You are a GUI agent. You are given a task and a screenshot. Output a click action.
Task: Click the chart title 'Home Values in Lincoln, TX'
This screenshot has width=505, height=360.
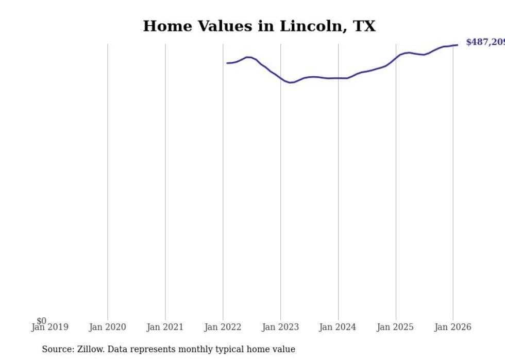[259, 26]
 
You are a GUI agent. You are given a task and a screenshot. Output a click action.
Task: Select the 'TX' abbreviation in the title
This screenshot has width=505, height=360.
[364, 26]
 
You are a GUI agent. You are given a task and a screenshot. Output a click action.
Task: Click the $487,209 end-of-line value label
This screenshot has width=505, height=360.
[484, 42]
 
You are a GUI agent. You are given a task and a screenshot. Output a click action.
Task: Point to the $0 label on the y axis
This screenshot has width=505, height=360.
[41, 321]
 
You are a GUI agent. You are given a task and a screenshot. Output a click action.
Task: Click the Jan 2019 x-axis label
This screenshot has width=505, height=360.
[49, 327]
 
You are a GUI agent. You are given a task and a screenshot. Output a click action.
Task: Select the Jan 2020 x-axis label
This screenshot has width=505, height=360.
[107, 327]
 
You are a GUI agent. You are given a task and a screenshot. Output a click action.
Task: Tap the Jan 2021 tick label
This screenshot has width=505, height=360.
[165, 327]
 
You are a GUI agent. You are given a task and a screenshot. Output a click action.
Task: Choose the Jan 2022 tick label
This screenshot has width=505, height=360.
[223, 327]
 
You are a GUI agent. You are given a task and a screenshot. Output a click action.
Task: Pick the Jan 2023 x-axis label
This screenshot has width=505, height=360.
[280, 327]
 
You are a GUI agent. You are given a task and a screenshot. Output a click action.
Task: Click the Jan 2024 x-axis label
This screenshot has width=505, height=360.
[338, 327]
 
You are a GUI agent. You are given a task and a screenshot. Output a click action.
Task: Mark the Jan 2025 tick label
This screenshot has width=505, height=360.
[395, 327]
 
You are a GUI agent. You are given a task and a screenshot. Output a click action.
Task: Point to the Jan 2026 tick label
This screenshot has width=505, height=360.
[452, 327]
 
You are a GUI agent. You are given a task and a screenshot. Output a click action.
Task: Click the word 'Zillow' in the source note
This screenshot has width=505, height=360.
[90, 349]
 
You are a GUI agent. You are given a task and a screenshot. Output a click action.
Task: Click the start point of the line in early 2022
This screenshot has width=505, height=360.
[227, 63]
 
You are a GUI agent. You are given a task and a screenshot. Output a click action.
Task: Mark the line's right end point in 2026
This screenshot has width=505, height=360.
[457, 45]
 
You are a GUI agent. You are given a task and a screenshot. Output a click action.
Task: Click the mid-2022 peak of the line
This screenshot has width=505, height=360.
[248, 57]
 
